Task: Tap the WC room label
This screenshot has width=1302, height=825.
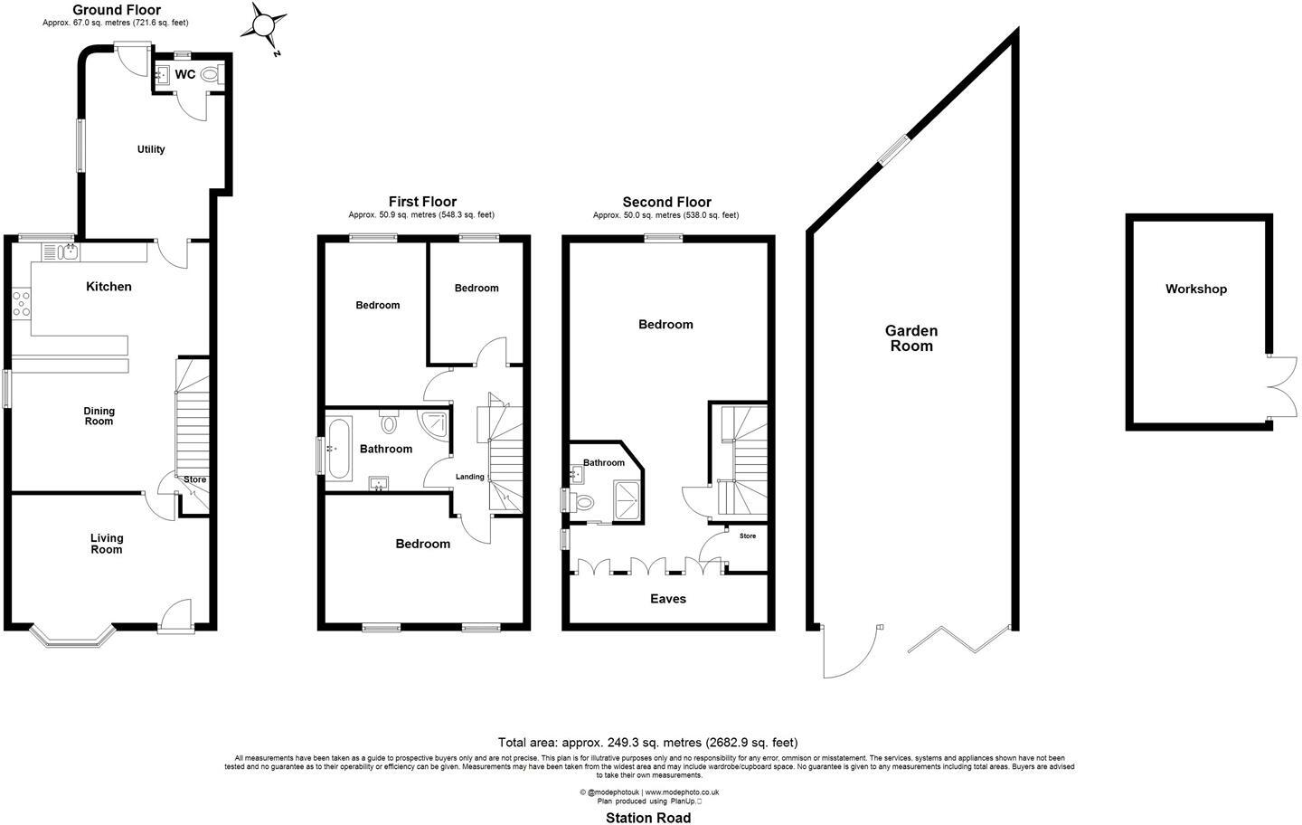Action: click(x=184, y=74)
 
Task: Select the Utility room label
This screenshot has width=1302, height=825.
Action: click(x=151, y=149)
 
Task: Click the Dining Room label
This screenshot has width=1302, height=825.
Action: click(x=99, y=416)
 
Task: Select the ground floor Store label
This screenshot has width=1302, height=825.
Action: click(x=194, y=480)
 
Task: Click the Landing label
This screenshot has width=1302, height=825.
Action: click(x=469, y=477)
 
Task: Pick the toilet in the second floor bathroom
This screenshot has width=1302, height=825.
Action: click(x=583, y=502)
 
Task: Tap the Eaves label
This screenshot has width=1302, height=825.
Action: click(x=668, y=599)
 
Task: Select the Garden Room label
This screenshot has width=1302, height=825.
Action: click(x=910, y=338)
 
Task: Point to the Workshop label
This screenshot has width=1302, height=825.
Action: click(x=1195, y=289)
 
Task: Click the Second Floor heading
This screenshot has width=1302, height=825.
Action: click(x=666, y=202)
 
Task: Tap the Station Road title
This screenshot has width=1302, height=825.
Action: click(x=647, y=818)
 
